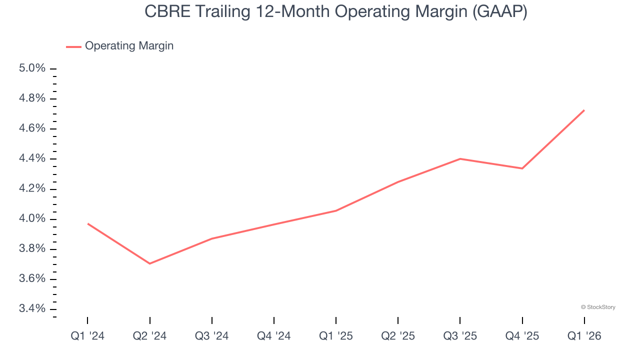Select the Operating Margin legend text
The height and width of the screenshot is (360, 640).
click(129, 46)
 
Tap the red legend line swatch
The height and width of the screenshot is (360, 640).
click(73, 46)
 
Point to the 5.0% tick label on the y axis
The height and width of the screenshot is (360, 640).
click(32, 68)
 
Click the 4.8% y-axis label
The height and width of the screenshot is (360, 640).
click(32, 98)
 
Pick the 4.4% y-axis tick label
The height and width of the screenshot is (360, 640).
click(32, 158)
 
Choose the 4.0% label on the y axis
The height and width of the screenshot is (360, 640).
click(32, 219)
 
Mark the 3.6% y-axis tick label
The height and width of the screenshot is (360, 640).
click(32, 279)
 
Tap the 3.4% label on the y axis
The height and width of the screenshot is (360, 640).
click(32, 309)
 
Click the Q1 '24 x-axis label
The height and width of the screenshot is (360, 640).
click(87, 336)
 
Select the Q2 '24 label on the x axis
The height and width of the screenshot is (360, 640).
click(149, 336)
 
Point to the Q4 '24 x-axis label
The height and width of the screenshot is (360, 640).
click(274, 336)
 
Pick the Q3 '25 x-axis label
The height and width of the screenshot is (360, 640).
click(460, 336)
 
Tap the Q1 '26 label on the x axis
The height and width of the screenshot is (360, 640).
click(584, 336)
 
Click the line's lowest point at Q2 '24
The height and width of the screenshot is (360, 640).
click(149, 263)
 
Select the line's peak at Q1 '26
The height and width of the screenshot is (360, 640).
click(584, 110)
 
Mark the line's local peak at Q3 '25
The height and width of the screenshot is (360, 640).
click(460, 159)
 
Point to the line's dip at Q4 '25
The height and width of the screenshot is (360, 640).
click(522, 168)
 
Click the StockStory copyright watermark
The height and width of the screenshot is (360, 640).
click(598, 307)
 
